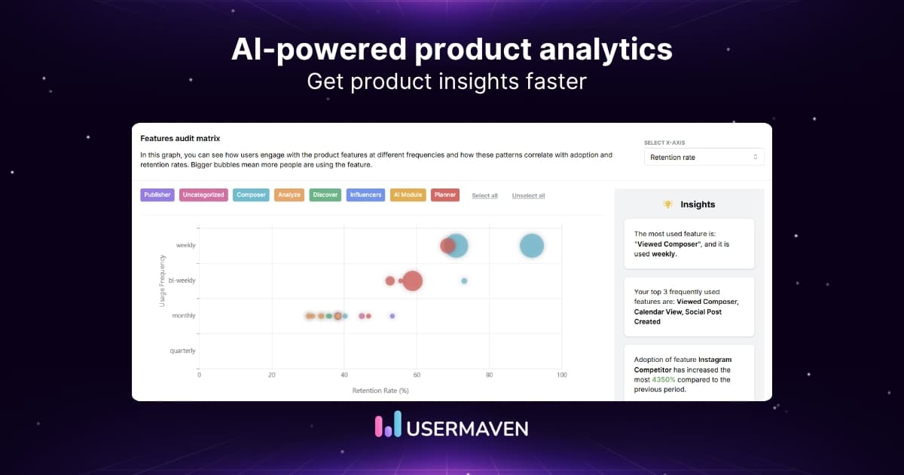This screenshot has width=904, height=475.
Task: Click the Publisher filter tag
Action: point(157,195)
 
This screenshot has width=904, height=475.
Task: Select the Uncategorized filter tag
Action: point(203,195)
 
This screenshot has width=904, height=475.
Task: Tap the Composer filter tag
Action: point(251,195)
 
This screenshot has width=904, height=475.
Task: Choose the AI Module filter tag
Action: point(408,195)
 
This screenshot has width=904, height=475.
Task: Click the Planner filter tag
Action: point(445,195)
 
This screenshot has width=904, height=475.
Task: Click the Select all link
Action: point(484,195)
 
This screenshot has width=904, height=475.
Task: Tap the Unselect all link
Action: point(528,195)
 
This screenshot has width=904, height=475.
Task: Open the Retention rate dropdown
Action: point(704,157)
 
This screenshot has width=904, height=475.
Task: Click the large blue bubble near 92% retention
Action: point(532,246)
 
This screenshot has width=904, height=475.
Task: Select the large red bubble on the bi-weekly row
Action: point(412,280)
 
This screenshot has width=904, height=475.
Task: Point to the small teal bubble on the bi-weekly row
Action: point(464,280)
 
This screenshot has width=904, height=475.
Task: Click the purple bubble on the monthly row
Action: point(392,316)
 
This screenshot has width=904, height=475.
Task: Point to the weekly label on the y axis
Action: point(185,245)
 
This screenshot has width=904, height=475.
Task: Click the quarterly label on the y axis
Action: point(183,351)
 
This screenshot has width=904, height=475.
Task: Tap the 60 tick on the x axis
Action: point(417,374)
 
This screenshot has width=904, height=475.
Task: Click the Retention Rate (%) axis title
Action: point(380,390)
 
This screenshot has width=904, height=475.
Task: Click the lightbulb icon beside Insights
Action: point(667,204)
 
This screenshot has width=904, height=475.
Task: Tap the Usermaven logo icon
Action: point(388,427)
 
